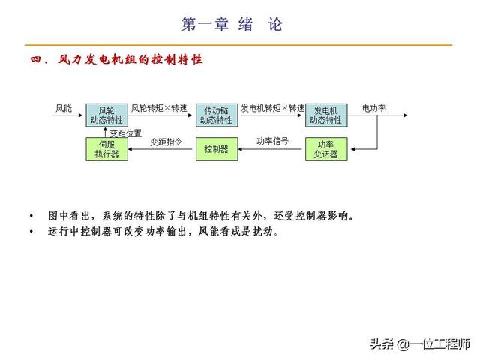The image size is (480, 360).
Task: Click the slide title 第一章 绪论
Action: [232, 24]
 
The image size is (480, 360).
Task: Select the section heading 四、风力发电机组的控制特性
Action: [116, 58]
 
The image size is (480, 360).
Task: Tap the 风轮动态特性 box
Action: [106, 115]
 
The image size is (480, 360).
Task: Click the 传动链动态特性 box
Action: [216, 115]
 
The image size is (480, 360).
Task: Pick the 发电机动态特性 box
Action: [326, 115]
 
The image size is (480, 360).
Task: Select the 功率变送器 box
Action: [326, 149]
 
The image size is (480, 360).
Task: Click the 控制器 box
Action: [216, 149]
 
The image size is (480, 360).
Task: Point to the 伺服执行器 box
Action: [106, 149]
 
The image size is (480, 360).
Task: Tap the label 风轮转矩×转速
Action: [160, 108]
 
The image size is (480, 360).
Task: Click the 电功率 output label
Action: [373, 108]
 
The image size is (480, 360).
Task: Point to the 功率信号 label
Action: [271, 141]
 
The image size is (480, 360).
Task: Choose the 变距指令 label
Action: [166, 141]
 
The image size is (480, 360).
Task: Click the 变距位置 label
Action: [125, 133]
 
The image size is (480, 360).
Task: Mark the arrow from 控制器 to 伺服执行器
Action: [161, 149]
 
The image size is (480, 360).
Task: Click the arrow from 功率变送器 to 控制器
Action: [271, 149]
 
